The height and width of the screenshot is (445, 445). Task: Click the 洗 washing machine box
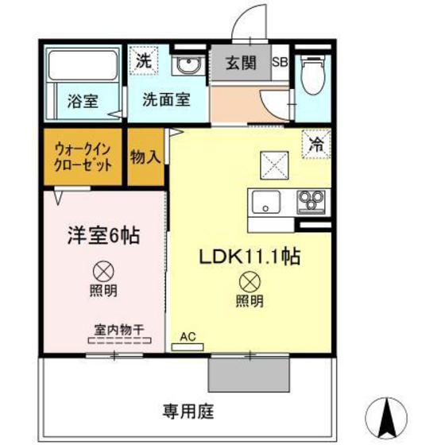click(x=143, y=60)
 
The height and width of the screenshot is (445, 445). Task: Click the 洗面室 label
click(x=166, y=100)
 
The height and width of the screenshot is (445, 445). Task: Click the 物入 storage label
click(x=145, y=157)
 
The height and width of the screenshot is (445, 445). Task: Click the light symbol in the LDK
click(x=249, y=281)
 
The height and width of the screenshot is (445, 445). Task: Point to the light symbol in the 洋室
click(x=103, y=270)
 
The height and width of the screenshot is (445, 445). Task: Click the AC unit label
click(x=188, y=336)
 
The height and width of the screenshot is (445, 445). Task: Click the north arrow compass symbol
click(x=390, y=416)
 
